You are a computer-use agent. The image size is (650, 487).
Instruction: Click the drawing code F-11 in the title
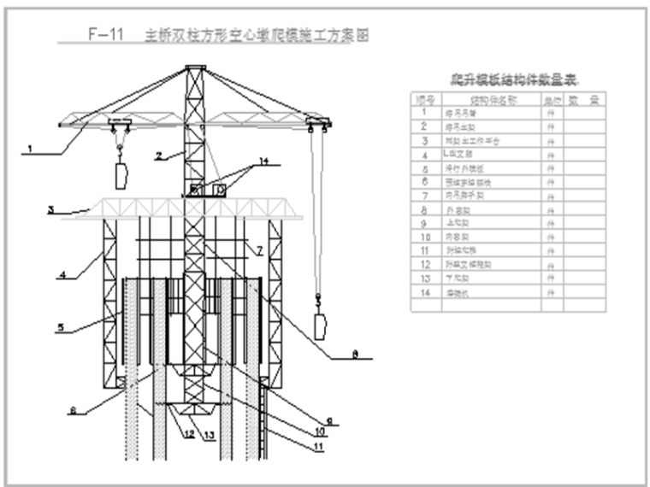pos(106,35)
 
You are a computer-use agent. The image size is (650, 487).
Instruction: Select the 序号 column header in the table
pos(424,100)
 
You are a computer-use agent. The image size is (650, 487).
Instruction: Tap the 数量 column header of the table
pos(585,100)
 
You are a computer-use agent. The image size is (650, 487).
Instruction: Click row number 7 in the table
pos(424,195)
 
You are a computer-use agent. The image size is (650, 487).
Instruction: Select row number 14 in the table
pos(424,291)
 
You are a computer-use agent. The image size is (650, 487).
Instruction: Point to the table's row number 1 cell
pos(424,113)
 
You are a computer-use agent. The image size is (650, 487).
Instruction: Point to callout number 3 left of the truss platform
pos(50,208)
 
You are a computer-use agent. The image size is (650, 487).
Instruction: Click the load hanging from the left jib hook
pos(121,175)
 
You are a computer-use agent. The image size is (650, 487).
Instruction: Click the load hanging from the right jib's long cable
pos(321,326)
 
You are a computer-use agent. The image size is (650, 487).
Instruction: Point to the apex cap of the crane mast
pos(196,69)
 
